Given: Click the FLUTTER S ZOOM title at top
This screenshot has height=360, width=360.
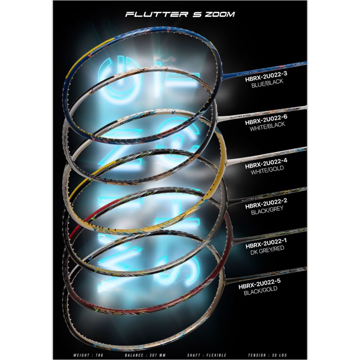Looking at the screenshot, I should [180, 14].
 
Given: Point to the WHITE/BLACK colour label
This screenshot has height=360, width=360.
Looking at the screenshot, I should [267, 128].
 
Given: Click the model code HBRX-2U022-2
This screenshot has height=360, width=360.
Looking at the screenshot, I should [264, 206].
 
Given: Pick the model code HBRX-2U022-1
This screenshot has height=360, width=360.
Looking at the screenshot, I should [264, 246].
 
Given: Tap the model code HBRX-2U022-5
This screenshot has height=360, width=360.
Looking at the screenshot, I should [259, 286].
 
